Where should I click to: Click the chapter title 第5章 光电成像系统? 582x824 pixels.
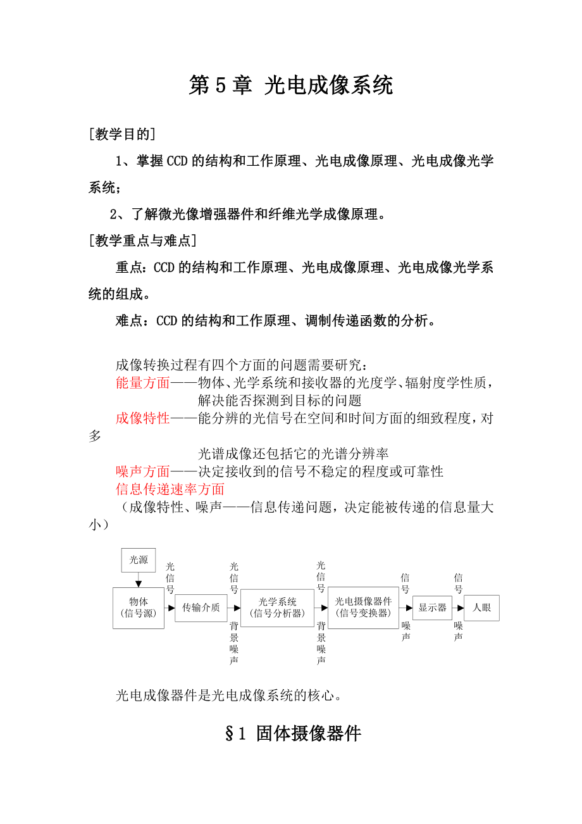[x=291, y=85]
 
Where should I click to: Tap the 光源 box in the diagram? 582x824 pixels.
[x=139, y=559]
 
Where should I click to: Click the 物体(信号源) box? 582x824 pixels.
[x=139, y=608]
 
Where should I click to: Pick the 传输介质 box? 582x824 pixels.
[x=201, y=608]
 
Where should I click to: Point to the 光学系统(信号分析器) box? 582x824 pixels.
[x=277, y=608]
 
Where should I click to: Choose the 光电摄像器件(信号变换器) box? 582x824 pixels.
[x=363, y=608]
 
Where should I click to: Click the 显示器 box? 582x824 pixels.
[x=433, y=608]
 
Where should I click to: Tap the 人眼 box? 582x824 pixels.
[x=481, y=608]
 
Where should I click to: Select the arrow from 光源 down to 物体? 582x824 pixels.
[x=139, y=580]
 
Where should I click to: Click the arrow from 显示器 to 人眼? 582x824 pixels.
[x=459, y=608]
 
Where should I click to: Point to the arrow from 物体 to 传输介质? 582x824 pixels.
[x=170, y=608]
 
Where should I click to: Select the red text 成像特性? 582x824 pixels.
[x=143, y=418]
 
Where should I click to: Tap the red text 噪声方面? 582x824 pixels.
[x=143, y=471]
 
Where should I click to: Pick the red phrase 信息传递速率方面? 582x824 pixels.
[x=170, y=489]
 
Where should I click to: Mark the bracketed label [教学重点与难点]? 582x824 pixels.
[x=142, y=240]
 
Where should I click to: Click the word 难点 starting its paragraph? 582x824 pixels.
[x=129, y=321]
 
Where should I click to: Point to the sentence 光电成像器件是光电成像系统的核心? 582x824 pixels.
[x=230, y=696]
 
